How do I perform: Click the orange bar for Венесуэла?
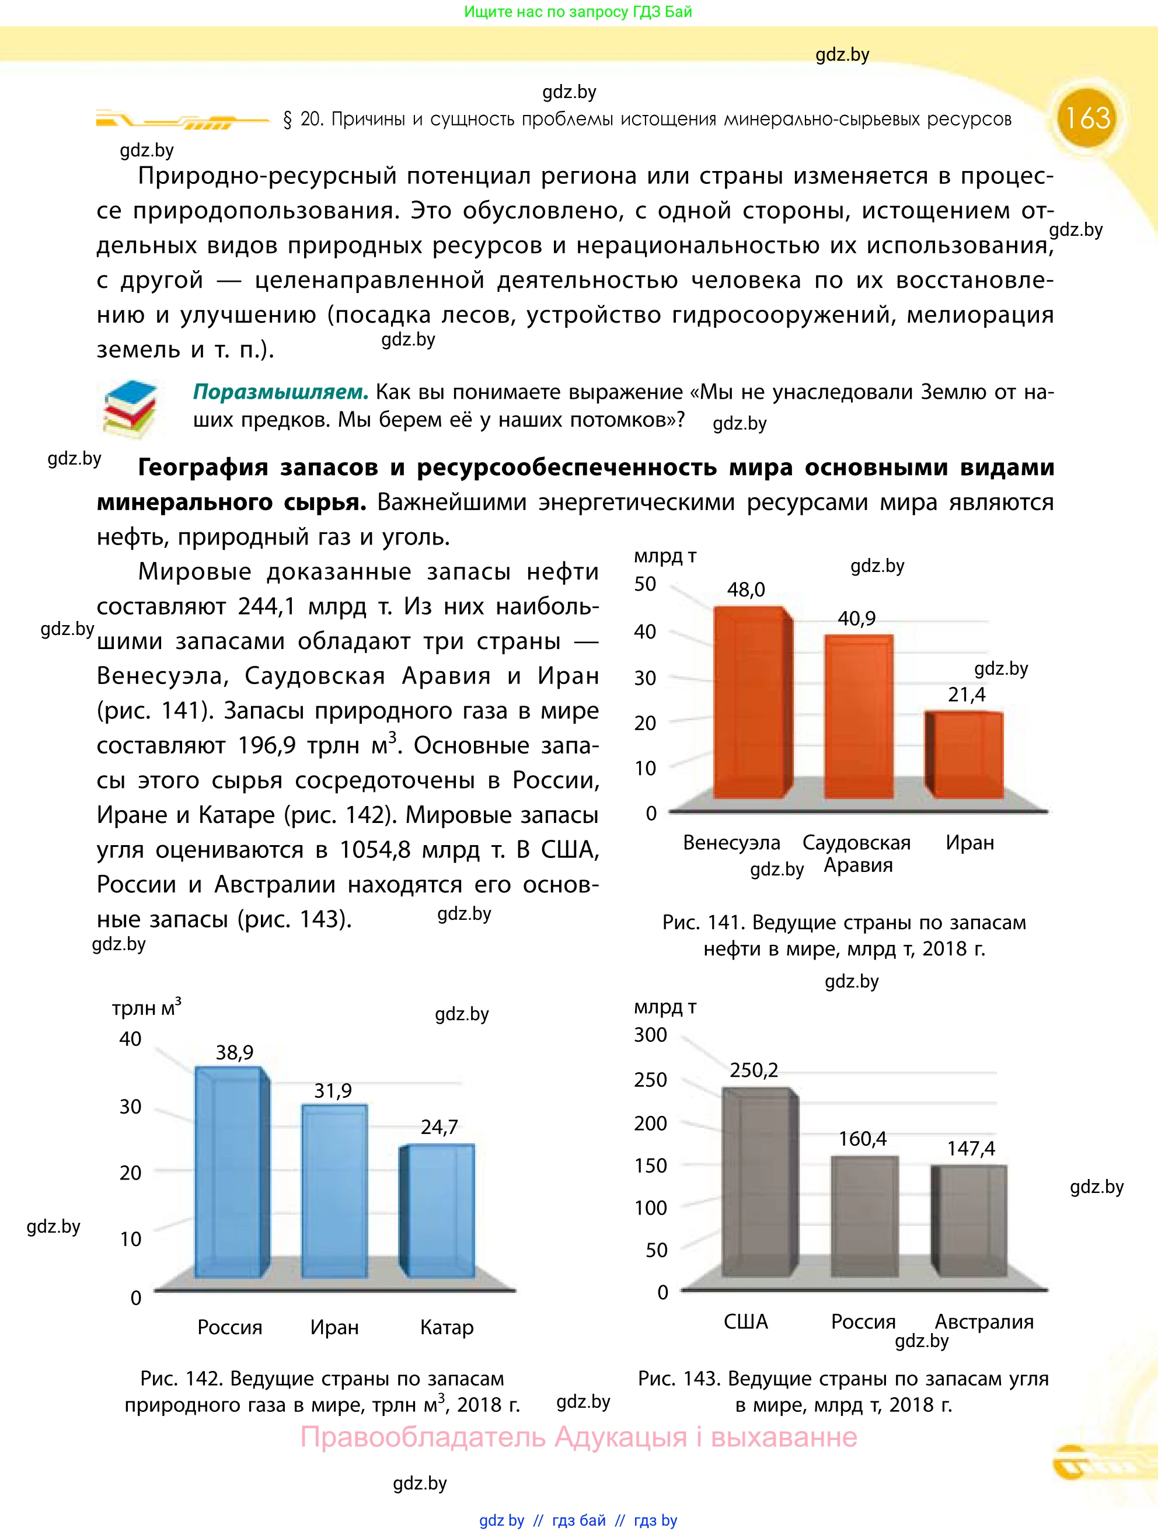pos(749,702)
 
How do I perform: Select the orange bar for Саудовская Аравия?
pos(858,716)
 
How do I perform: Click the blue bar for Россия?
pos(229,1172)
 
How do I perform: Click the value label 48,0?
pos(746,590)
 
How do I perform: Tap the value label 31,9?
pos(333,1091)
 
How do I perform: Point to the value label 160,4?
pos(863,1139)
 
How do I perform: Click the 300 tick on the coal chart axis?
pos(650,1035)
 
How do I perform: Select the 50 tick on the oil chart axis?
pos(644,584)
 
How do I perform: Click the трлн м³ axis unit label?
pos(147,1007)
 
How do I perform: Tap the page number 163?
pos(1087,118)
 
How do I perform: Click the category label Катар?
pos(447,1327)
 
